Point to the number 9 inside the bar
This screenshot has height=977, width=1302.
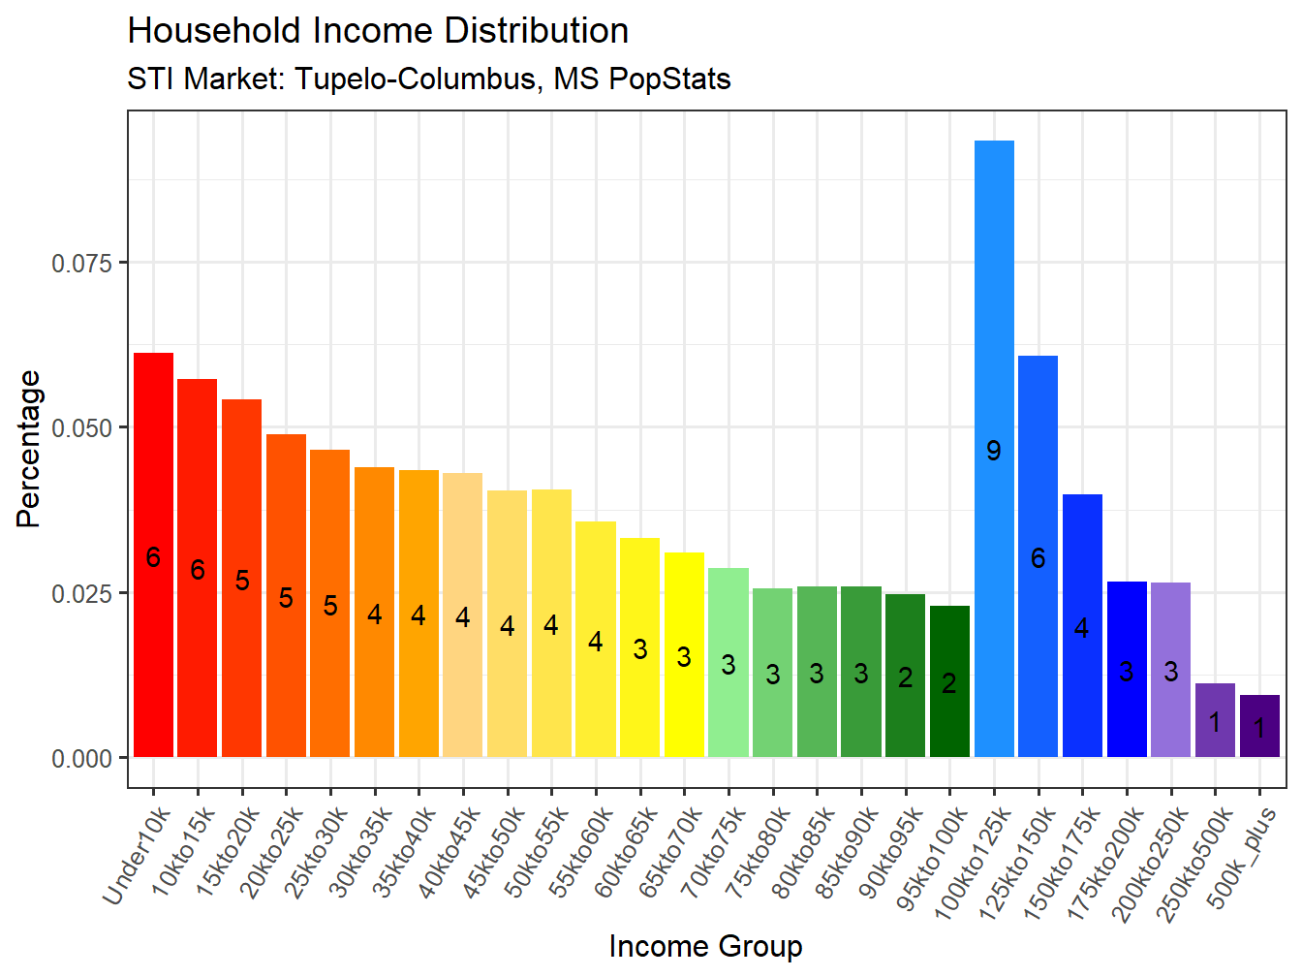coord(994,451)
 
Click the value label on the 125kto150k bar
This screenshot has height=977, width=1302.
coord(1038,558)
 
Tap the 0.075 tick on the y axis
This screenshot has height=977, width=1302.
coord(82,263)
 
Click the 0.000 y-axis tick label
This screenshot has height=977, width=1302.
coord(82,759)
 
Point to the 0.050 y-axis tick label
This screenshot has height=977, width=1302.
coord(82,428)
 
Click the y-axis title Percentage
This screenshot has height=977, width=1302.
coord(29,449)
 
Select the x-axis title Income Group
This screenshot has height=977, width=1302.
coord(705,946)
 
